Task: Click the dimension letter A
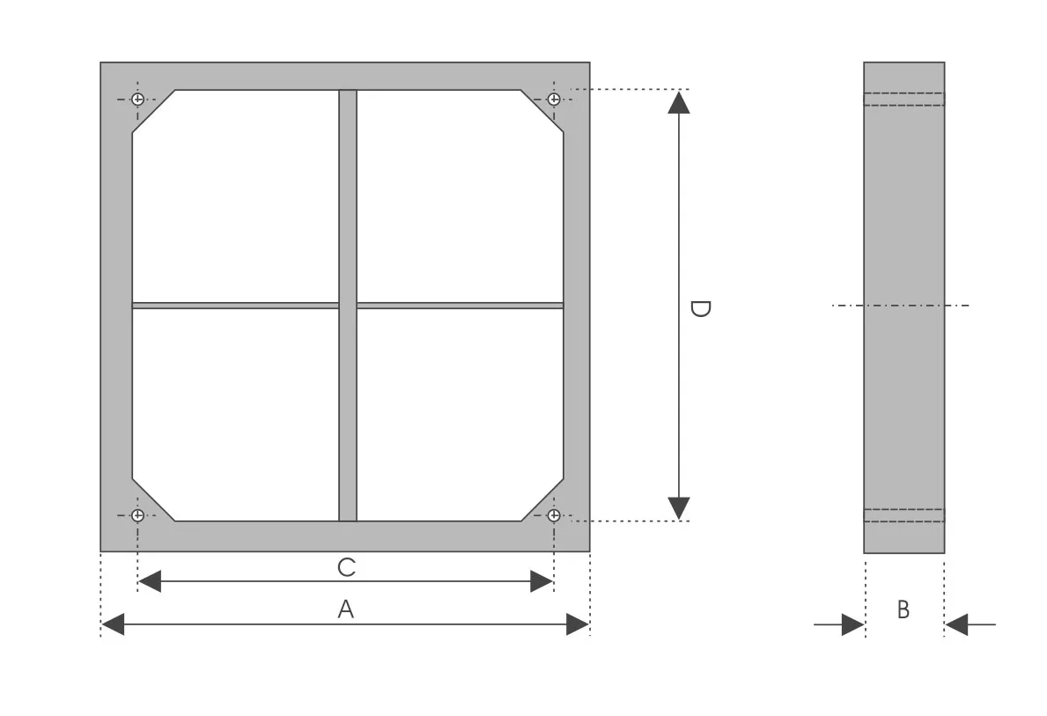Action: (345, 609)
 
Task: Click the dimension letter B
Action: (903, 609)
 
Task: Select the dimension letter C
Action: (347, 567)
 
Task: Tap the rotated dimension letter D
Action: (700, 308)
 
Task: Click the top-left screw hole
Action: (137, 100)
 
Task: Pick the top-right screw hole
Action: (554, 100)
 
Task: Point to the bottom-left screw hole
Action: (137, 515)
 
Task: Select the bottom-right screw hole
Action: (554, 515)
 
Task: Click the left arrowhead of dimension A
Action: (112, 624)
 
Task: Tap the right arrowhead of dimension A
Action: (578, 624)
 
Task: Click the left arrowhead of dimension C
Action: (150, 581)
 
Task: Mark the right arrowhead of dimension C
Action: (542, 581)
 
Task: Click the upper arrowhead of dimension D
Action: (679, 102)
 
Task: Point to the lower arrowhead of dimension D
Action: (679, 508)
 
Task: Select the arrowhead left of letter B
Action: (853, 624)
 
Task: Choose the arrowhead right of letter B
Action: (956, 625)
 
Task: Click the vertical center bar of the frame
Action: (348, 306)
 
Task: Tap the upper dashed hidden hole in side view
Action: (904, 100)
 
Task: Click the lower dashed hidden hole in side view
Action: (904, 515)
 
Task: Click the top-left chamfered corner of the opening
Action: (153, 111)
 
